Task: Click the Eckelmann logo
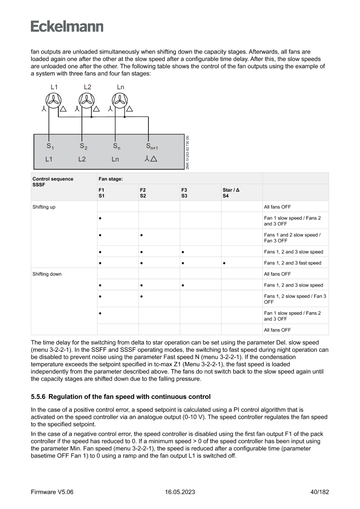click(67, 26)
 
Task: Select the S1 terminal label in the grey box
click(50, 146)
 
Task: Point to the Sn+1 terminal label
click(152, 146)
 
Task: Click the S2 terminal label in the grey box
click(84, 146)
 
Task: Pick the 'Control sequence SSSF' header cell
click(53, 182)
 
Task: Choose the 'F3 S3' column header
click(185, 193)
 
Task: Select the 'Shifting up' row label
click(44, 207)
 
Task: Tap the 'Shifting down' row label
click(47, 274)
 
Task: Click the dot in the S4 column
click(224, 263)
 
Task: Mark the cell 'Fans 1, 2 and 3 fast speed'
click(293, 263)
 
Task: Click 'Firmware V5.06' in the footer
click(52, 492)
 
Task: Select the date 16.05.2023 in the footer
click(180, 492)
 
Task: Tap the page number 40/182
click(316, 492)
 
